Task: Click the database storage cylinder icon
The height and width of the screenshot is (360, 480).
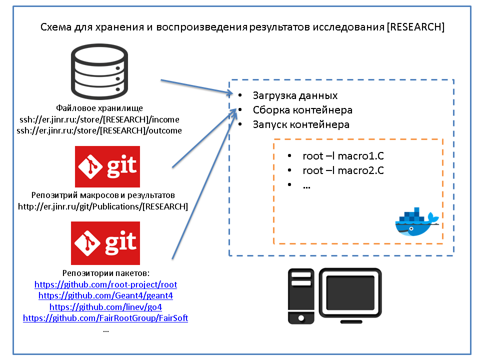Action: point(99,71)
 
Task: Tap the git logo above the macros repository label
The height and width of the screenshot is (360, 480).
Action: point(107,166)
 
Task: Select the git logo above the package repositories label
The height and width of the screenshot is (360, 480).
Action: point(105,243)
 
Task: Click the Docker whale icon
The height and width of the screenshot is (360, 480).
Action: point(416,222)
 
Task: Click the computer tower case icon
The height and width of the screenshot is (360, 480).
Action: point(301,296)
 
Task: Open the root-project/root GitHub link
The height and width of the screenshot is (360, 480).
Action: point(105,284)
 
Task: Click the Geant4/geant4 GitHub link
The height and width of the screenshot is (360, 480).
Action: point(105,295)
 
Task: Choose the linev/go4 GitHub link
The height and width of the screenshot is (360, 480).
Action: point(105,306)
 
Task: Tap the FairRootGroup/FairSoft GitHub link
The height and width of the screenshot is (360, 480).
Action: point(105,318)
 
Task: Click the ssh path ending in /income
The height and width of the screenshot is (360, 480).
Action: point(99,119)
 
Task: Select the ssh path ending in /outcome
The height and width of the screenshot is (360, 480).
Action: point(99,130)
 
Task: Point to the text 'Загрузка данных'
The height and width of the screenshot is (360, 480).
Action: point(295,96)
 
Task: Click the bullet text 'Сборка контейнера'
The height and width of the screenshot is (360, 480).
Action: point(302,110)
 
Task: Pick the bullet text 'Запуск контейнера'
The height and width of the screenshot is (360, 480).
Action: point(301,124)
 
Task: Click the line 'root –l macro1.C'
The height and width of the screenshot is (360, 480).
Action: point(343,156)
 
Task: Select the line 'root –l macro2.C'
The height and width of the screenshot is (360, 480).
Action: point(343,170)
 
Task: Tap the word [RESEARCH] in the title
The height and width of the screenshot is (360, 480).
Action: point(415,27)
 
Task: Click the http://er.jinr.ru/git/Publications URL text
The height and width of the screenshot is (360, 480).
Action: point(103,206)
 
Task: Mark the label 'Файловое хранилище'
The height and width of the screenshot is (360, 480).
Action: point(99,108)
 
